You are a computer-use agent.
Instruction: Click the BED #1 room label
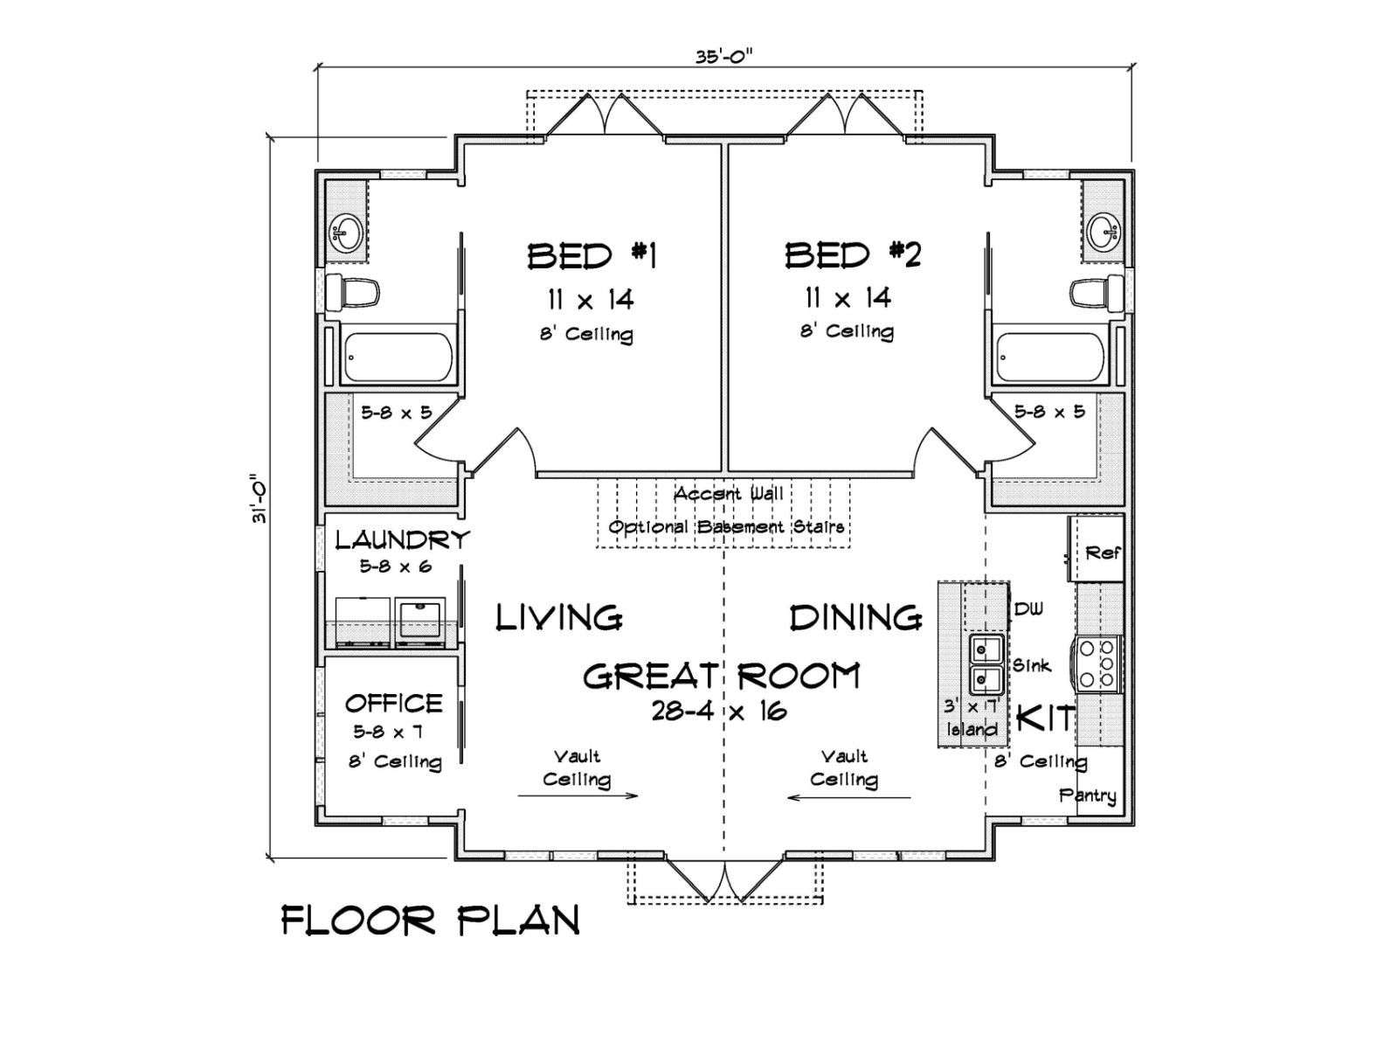click(592, 256)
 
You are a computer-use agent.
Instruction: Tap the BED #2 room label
click(852, 254)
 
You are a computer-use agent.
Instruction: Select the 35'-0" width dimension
click(723, 57)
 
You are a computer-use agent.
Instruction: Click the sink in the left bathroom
click(346, 233)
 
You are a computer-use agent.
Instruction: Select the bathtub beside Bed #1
click(398, 358)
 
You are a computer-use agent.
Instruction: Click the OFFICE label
click(393, 704)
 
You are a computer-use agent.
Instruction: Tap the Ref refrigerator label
click(1102, 552)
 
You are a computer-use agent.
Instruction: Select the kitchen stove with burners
click(1098, 664)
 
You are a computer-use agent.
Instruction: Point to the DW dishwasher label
click(1028, 609)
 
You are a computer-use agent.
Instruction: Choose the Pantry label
click(1087, 795)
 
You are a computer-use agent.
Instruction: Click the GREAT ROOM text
click(722, 676)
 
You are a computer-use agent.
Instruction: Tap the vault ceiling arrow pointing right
click(577, 795)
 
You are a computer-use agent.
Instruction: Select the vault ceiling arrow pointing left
click(849, 796)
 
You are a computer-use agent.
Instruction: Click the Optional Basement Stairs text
click(727, 527)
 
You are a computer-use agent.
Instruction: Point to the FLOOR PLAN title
click(431, 921)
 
